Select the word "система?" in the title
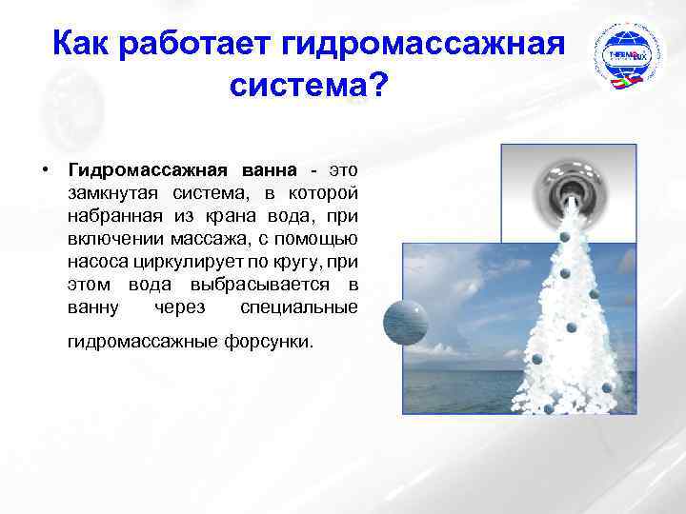(x=308, y=89)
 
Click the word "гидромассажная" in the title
(x=425, y=44)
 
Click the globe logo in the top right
(x=627, y=58)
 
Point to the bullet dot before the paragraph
(x=45, y=170)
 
